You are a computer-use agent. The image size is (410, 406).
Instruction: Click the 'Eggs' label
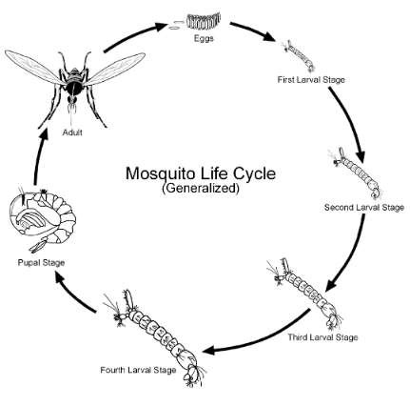[204, 38]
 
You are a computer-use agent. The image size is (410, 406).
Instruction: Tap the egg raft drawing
[204, 21]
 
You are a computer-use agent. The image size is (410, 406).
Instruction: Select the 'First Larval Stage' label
[311, 79]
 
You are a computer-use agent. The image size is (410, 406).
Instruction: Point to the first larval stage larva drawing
[300, 55]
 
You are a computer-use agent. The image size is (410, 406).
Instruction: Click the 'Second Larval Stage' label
[364, 208]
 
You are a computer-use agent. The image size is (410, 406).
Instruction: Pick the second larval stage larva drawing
[358, 173]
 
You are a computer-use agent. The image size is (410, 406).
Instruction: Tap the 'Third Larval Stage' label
[322, 337]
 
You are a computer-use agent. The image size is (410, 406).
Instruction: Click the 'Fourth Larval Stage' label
[138, 370]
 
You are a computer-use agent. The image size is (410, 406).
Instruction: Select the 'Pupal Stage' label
[41, 263]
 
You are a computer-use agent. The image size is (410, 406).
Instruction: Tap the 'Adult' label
[72, 132]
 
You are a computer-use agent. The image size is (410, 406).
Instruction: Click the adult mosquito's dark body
[74, 85]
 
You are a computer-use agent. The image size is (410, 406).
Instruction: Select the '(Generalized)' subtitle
[201, 188]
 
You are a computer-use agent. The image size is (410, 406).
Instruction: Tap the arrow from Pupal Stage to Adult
[38, 155]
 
